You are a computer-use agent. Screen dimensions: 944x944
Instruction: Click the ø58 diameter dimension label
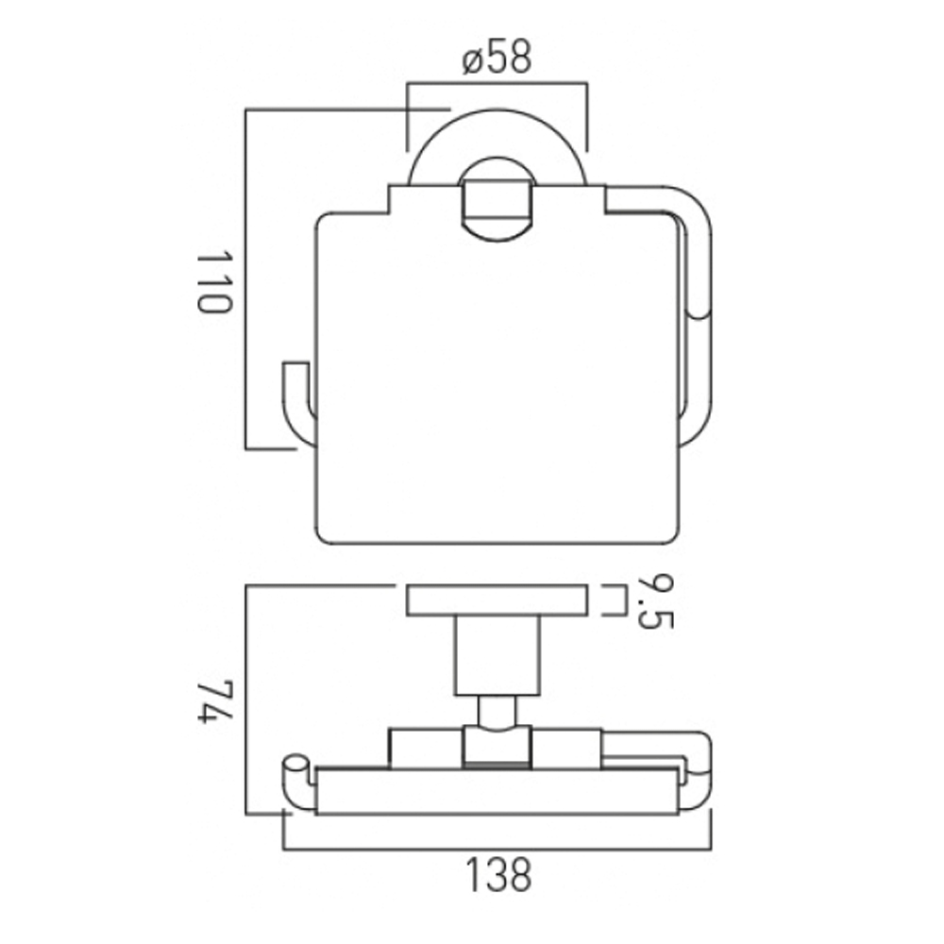pyautogui.click(x=497, y=59)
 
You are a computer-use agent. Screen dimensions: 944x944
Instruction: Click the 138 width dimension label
pyautogui.click(x=497, y=875)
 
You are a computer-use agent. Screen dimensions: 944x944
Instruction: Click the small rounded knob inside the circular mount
pyautogui.click(x=496, y=203)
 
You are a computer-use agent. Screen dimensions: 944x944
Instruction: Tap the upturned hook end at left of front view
pyautogui.click(x=296, y=401)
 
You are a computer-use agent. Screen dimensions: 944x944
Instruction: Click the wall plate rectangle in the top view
pyautogui.click(x=497, y=601)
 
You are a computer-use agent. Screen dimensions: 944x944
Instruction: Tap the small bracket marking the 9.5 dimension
pyautogui.click(x=618, y=601)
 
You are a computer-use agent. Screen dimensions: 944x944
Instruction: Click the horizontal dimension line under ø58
pyautogui.click(x=497, y=84)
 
